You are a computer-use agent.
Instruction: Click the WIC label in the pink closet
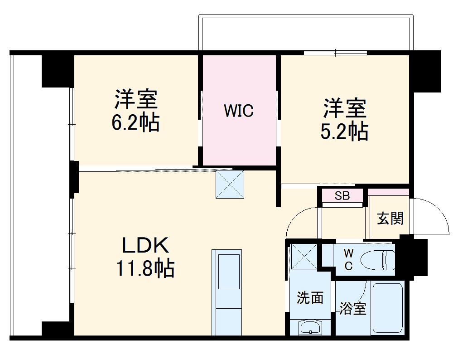click(239, 111)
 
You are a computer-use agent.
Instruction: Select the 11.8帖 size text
click(145, 268)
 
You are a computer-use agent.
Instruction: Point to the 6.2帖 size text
click(135, 122)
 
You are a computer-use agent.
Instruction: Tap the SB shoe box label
click(342, 196)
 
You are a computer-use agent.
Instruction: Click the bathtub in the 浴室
click(387, 308)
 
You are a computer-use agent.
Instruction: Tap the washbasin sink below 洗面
click(310, 327)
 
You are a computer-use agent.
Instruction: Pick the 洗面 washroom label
click(310, 298)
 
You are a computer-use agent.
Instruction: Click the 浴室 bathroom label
click(353, 309)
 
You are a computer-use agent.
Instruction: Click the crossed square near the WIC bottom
click(230, 184)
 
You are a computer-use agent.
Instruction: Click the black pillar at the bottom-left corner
click(57, 329)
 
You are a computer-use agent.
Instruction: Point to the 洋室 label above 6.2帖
click(135, 100)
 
